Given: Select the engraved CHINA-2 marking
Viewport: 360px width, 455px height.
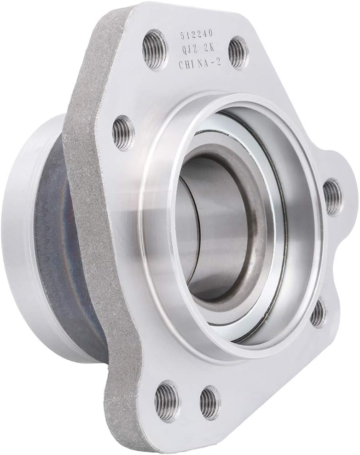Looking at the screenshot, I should pos(199,63).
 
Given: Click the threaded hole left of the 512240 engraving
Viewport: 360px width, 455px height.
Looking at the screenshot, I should pos(155,49).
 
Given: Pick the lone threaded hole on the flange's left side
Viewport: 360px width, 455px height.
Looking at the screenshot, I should pos(123,133).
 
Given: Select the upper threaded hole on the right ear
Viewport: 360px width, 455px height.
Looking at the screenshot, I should pos(332,197).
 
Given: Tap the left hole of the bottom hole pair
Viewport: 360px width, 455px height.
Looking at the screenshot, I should pos(167,401).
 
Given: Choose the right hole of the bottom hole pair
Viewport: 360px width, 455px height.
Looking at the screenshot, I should pos(210,403).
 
